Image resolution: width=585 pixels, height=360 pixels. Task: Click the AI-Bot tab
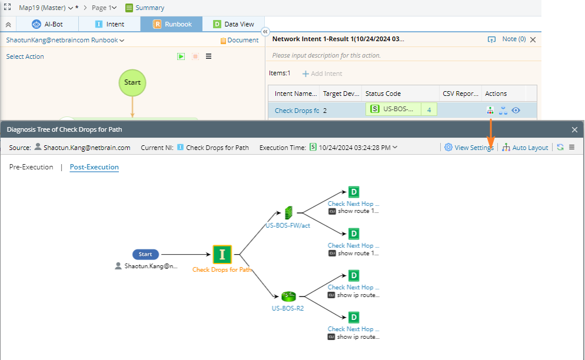48,24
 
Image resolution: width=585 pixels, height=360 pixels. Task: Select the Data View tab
234,24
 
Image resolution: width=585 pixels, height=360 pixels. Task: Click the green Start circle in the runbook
132,82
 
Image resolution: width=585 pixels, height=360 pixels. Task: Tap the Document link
239,40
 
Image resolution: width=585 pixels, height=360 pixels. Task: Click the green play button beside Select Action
181,56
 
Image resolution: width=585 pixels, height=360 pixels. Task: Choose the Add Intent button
322,74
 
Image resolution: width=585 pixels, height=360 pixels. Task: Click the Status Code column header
383,94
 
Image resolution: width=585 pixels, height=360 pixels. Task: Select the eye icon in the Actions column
516,111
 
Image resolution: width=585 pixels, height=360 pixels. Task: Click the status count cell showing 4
429,110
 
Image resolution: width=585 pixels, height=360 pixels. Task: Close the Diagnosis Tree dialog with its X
574,130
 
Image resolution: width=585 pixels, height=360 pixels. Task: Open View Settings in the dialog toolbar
469,148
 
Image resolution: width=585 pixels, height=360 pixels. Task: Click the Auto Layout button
525,148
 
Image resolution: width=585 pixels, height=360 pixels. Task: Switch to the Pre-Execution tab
31,167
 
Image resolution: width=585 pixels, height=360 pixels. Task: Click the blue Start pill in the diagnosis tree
145,255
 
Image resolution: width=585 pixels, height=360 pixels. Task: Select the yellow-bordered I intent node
222,255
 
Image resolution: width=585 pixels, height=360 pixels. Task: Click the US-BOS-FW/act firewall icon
288,213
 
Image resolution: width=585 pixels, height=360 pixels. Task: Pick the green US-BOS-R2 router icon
288,296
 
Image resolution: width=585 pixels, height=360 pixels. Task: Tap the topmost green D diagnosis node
354,192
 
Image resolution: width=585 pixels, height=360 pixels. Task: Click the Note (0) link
514,39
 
